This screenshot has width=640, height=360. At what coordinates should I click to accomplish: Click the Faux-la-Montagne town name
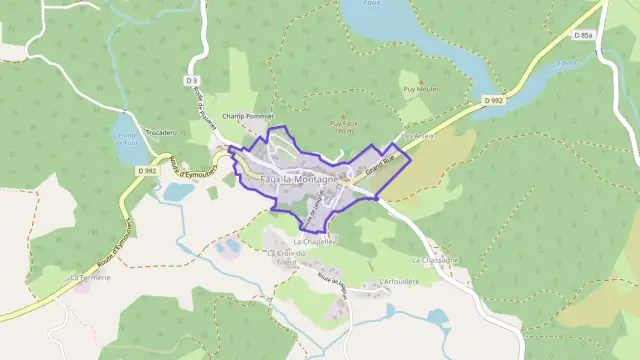pos(297,178)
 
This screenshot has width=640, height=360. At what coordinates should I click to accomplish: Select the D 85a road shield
pos(583,36)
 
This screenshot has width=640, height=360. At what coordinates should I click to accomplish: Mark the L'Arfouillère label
pos(399,282)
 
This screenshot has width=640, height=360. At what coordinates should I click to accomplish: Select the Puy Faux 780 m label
pos(343,127)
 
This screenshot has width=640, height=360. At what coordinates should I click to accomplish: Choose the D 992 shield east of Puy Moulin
pos(493,100)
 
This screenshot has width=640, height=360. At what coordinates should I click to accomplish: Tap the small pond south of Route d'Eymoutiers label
pos(178,190)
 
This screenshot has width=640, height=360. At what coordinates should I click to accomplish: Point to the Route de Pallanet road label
pos(205,110)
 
